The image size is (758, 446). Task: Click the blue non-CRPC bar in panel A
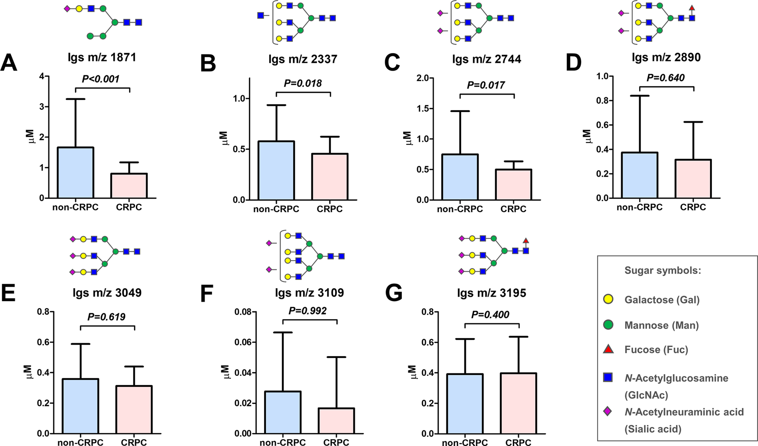pyautogui.click(x=76, y=172)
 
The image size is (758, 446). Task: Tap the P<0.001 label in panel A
pyautogui.click(x=100, y=79)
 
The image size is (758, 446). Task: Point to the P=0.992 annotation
pyautogui.click(x=308, y=311)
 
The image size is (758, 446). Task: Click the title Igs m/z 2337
pyautogui.click(x=303, y=59)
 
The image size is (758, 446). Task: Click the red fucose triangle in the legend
pyautogui.click(x=608, y=349)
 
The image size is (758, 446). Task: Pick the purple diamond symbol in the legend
pyautogui.click(x=608, y=411)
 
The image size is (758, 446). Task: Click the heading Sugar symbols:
pyautogui.click(x=663, y=270)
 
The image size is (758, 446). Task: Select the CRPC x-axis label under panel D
pyautogui.click(x=693, y=208)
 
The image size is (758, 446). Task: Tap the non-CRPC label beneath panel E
pyautogui.click(x=80, y=442)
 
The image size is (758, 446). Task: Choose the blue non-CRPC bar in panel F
pyautogui.click(x=282, y=412)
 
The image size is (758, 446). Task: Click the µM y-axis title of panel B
pyautogui.click(x=224, y=137)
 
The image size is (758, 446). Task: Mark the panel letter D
pyautogui.click(x=574, y=63)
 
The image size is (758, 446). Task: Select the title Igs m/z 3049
pyautogui.click(x=107, y=292)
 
